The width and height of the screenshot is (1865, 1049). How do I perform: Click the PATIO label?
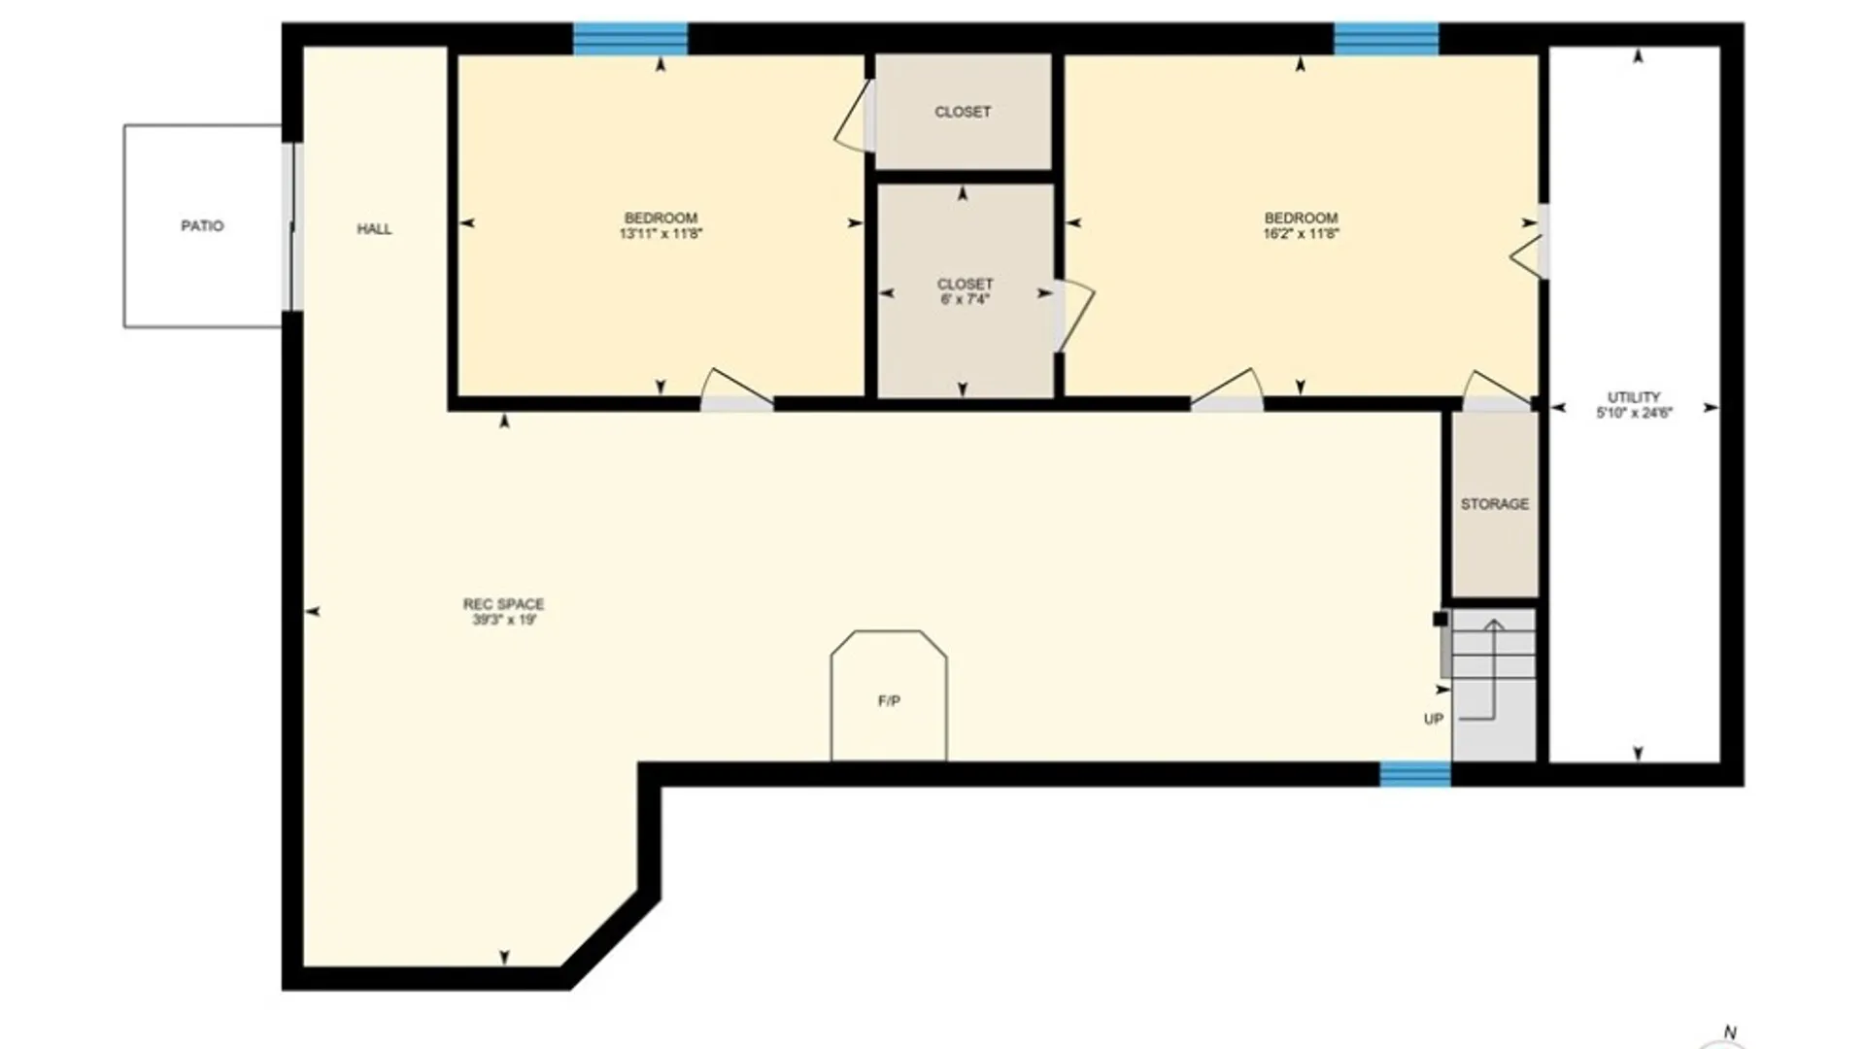(x=202, y=225)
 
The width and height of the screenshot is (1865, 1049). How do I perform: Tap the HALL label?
(x=374, y=229)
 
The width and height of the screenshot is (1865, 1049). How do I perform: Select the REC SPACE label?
(x=503, y=604)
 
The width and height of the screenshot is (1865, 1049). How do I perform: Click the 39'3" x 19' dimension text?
(x=504, y=620)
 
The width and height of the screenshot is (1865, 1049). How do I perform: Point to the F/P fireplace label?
(x=889, y=701)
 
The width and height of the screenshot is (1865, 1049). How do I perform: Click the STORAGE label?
(x=1495, y=504)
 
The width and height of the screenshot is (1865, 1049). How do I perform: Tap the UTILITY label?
(x=1634, y=397)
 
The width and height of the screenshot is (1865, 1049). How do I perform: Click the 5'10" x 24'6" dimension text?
(x=1634, y=413)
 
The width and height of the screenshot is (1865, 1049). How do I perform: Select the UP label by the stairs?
(x=1434, y=719)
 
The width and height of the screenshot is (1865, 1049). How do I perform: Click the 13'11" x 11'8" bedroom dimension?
(x=661, y=233)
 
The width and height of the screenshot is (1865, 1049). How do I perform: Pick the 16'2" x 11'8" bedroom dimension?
(x=1301, y=233)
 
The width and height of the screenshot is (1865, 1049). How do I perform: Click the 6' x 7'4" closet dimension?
(x=965, y=299)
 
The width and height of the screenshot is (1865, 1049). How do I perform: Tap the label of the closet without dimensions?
(x=963, y=112)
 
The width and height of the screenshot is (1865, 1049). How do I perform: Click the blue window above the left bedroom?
(x=630, y=39)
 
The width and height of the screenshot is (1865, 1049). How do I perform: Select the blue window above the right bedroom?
(x=1386, y=39)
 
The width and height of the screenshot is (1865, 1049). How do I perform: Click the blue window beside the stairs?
(x=1415, y=774)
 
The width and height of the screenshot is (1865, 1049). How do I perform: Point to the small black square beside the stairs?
(x=1441, y=619)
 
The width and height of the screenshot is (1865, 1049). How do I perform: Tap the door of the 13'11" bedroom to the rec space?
(x=736, y=389)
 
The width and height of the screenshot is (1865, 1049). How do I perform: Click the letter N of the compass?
(x=1729, y=1032)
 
